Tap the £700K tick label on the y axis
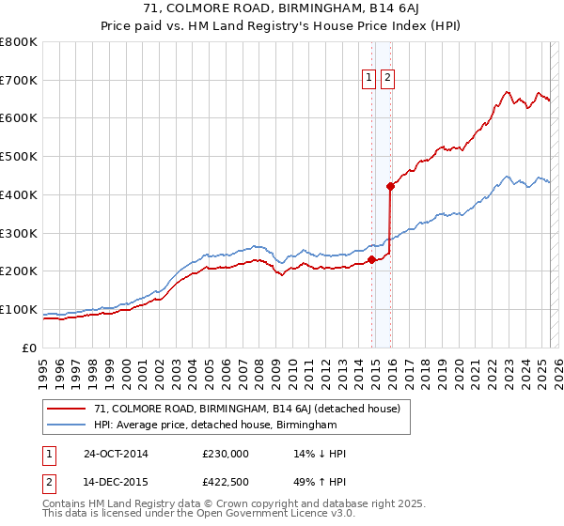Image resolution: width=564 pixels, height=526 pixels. tap(19, 81)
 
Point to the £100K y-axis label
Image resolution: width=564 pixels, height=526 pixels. tap(19, 310)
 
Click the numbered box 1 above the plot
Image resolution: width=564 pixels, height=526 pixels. tap(368, 79)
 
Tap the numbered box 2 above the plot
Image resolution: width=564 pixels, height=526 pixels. tap(386, 79)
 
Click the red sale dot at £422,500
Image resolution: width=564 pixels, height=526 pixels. tap(390, 186)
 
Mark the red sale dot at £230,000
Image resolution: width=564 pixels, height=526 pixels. tap(371, 259)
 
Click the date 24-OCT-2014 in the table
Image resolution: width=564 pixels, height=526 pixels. tap(116, 454)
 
